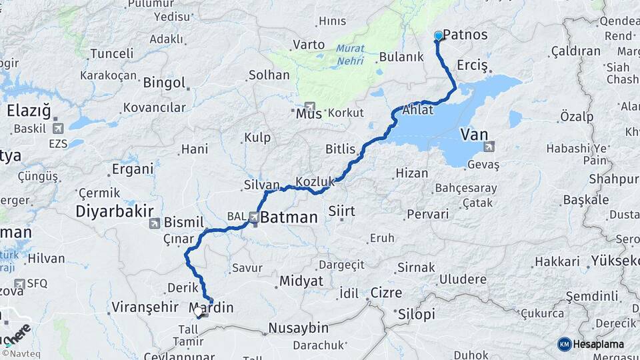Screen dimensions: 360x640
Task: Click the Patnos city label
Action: [465, 35]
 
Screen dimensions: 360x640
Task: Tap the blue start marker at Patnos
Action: [438, 35]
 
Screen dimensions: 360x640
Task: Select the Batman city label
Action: [289, 217]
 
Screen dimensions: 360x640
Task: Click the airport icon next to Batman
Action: [255, 217]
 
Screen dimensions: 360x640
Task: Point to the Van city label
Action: [474, 135]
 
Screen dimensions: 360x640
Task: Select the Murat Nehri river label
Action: [350, 54]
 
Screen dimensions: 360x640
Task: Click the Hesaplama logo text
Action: [598, 344]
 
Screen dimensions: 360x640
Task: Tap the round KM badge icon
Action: [564, 344]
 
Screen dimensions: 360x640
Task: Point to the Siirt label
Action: [341, 211]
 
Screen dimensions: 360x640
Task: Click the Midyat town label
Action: [301, 281]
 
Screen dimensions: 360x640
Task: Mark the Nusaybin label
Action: [299, 328]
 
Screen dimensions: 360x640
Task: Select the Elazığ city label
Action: [29, 111]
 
